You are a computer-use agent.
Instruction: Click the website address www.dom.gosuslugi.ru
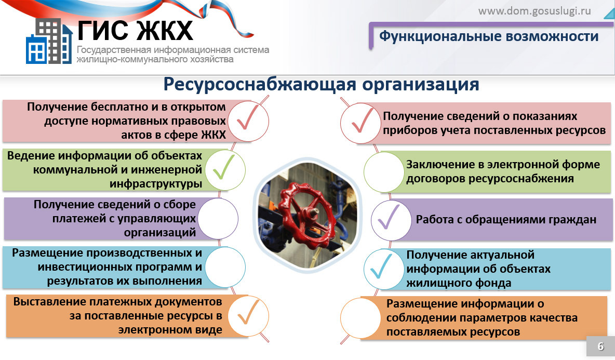pyautogui.click(x=534, y=10)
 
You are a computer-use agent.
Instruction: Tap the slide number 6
pyautogui.click(x=600, y=346)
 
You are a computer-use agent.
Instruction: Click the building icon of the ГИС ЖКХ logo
pyautogui.click(x=49, y=41)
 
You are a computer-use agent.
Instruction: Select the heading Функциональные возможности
pyautogui.click(x=489, y=36)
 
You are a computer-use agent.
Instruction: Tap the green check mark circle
pyautogui.click(x=225, y=170)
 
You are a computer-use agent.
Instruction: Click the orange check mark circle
pyautogui.click(x=248, y=316)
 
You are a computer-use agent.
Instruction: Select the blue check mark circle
pyautogui.click(x=384, y=269)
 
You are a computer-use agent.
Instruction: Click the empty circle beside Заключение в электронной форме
pyautogui.click(x=384, y=172)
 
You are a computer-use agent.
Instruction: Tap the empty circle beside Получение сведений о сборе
pyautogui.click(x=218, y=218)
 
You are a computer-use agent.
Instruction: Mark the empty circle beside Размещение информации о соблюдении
pyautogui.click(x=360, y=317)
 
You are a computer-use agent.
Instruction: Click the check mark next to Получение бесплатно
pyautogui.click(x=247, y=117)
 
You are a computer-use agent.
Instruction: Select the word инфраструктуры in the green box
pyautogui.click(x=156, y=183)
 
